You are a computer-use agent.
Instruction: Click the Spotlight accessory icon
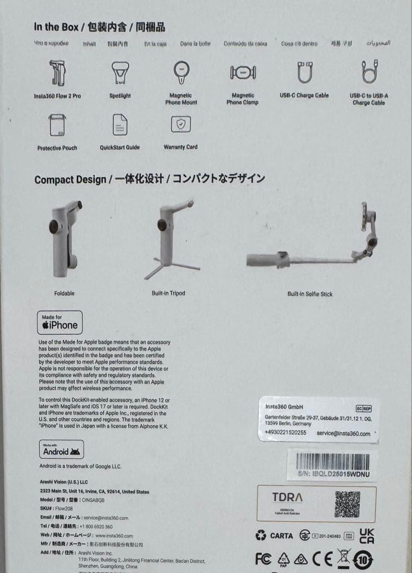pyautogui.click(x=120, y=73)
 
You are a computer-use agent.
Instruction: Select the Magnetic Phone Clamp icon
pyautogui.click(x=243, y=73)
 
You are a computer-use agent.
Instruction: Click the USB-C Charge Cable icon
pyautogui.click(x=304, y=73)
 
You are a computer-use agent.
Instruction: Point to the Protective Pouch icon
pyautogui.click(x=57, y=125)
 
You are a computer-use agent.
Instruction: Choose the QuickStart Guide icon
pyautogui.click(x=120, y=125)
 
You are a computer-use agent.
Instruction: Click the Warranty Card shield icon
pyautogui.click(x=181, y=124)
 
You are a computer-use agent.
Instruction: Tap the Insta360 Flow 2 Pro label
pyautogui.click(x=57, y=96)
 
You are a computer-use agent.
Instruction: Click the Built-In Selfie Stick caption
pyautogui.click(x=310, y=294)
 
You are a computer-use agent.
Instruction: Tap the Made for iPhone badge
pyautogui.click(x=60, y=323)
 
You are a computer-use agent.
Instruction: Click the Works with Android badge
pyautogui.click(x=62, y=449)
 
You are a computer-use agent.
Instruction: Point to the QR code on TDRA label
pyautogui.click(x=347, y=504)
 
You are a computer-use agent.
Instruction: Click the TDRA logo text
pyautogui.click(x=287, y=498)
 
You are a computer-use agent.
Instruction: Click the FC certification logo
pyautogui.click(x=263, y=559)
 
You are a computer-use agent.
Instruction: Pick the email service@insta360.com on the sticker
pyautogui.click(x=344, y=433)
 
